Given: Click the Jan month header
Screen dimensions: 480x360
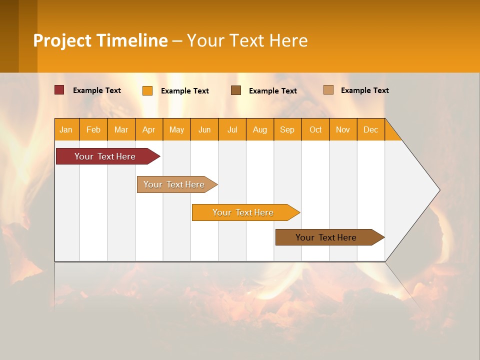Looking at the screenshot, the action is [66, 130].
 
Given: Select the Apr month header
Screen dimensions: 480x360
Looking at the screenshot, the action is [149, 130].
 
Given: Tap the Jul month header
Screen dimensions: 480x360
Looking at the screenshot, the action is [232, 130].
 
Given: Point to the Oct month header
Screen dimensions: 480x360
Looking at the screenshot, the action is [315, 130].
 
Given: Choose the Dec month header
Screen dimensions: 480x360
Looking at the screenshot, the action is [370, 130].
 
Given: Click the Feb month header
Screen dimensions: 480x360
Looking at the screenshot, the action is [93, 130].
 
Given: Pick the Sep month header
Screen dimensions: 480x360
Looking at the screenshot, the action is [287, 130].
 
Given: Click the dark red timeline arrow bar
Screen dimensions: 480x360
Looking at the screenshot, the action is [108, 156].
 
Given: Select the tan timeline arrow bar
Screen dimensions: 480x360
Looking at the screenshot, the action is [177, 184].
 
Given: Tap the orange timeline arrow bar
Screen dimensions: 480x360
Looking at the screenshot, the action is [246, 212].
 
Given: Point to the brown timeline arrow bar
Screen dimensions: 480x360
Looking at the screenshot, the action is [330, 237].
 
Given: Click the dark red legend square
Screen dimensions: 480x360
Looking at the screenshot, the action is [59, 90].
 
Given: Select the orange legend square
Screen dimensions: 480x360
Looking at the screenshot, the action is [147, 90].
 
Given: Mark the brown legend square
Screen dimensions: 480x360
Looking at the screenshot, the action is [236, 90].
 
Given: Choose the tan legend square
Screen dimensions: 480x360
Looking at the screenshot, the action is [328, 89].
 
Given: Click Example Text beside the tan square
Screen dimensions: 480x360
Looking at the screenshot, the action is [365, 90].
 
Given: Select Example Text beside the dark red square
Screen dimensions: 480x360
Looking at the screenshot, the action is [96, 90].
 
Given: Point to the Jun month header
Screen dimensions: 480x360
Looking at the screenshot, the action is [204, 130].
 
